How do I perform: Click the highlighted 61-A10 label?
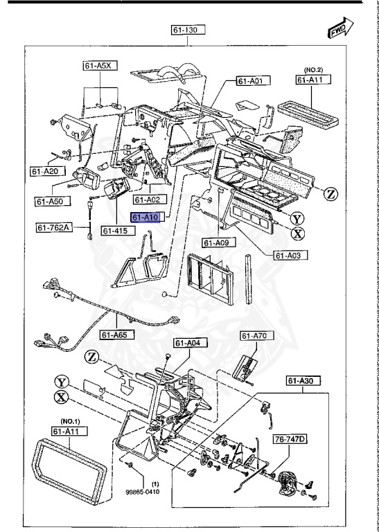tap(146, 218)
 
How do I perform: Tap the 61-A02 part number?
tap(148, 199)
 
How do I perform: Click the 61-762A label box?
tap(53, 227)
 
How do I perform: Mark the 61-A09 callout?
tap(220, 242)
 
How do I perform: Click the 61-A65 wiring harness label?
tap(116, 335)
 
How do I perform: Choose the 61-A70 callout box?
tap(254, 336)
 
